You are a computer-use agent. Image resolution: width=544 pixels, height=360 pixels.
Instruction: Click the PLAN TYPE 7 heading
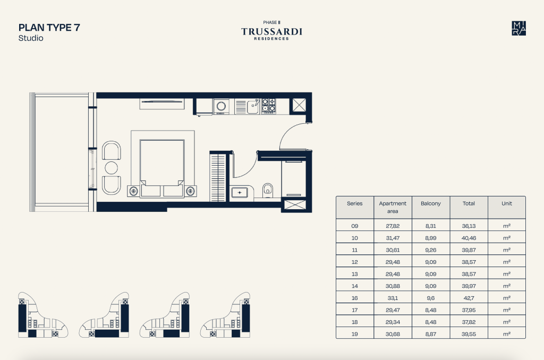pos(49,28)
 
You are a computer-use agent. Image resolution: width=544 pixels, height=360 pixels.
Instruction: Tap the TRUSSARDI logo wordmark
pos(271,31)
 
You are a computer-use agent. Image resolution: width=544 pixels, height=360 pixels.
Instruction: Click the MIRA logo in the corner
pos(518,29)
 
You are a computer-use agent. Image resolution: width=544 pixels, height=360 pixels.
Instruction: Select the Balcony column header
pos(430,203)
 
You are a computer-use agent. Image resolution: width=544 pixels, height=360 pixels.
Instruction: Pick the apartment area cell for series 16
pos(393,298)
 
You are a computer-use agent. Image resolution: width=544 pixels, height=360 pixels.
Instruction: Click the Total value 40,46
pos(469,238)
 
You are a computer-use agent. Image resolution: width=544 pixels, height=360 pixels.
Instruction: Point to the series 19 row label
pos(354,334)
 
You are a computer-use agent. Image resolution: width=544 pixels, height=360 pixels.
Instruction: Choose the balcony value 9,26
pos(430,250)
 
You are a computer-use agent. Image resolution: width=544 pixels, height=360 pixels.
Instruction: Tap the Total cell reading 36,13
pos(469,226)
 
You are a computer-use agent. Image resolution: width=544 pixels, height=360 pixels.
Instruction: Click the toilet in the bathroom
pos(268,191)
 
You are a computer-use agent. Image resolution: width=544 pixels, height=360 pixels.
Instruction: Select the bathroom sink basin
pos(240,193)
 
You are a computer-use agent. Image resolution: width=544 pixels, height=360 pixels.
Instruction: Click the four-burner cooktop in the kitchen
pos(268,106)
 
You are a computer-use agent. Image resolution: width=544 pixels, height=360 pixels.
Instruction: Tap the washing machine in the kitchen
pos(221,107)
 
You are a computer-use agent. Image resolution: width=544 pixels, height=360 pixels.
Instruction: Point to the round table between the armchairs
pos(111,168)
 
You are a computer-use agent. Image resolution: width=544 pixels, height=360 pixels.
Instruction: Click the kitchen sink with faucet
pos(252,107)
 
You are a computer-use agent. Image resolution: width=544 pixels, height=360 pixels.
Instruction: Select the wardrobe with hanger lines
pos(218,177)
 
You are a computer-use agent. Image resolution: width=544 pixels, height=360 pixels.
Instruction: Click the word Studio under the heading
pos(31,38)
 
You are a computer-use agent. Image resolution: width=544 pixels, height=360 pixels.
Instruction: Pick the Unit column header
pos(506,203)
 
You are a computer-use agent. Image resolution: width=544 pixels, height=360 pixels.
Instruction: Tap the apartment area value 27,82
pos(393,226)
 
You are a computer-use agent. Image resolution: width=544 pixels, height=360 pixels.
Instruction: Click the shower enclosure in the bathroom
pos(293,178)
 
